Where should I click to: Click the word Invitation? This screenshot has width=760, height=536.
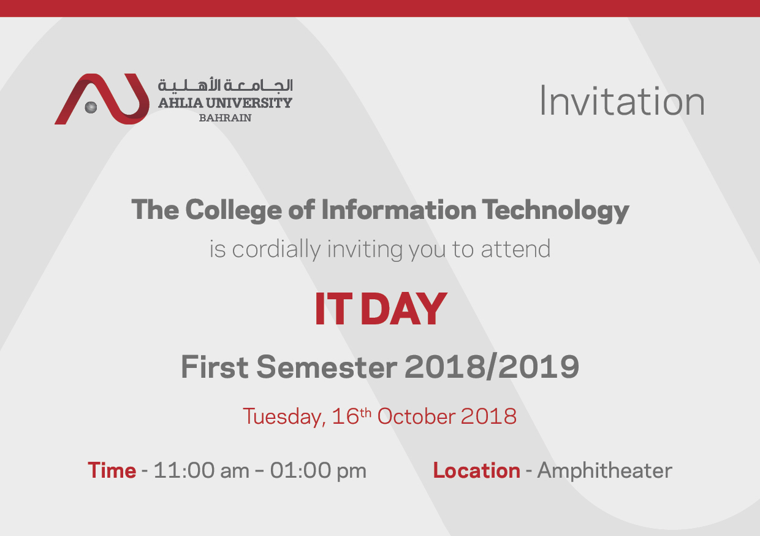[x=622, y=101]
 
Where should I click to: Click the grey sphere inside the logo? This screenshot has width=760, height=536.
[x=91, y=107]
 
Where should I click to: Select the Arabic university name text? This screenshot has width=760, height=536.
[x=226, y=85]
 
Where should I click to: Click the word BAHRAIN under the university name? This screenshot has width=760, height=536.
[x=226, y=118]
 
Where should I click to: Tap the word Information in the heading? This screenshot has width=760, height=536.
[x=398, y=210]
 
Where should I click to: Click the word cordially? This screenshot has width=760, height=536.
[x=276, y=250]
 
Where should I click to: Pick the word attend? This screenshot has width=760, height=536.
[x=515, y=249]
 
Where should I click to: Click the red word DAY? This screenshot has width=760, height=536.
[x=404, y=309]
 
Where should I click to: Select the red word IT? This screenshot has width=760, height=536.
[x=333, y=309]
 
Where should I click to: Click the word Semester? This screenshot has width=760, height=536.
[x=327, y=367]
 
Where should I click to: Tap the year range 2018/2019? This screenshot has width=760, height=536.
[x=492, y=367]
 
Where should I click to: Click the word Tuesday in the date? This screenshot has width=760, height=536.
[x=284, y=417]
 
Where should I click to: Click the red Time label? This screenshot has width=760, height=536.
[x=112, y=470]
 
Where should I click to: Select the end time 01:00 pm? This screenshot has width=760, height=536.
[x=318, y=470]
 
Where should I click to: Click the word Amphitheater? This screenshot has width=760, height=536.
[x=604, y=471]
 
